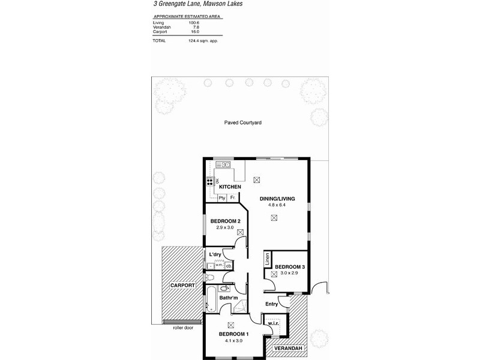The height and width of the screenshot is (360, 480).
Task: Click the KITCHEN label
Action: (x=230, y=187)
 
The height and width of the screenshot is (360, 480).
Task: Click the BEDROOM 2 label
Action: (x=225, y=221)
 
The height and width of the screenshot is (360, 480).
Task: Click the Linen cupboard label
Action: (x=267, y=259)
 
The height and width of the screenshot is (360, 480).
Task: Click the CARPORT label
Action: (x=183, y=285)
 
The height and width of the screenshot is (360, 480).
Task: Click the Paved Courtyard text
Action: (x=242, y=122)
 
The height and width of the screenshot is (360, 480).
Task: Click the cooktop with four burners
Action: (x=211, y=181)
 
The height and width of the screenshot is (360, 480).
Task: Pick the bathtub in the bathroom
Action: (x=212, y=298)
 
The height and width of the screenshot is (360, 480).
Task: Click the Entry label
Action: (x=272, y=304)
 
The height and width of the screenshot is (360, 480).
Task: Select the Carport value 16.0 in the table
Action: (x=194, y=31)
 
